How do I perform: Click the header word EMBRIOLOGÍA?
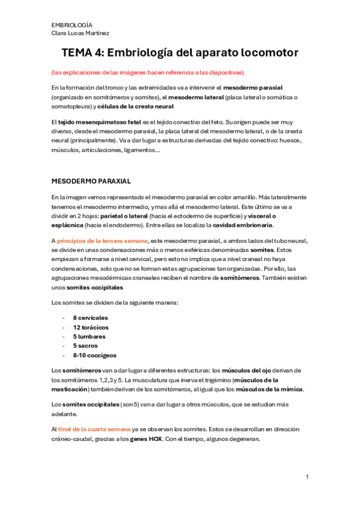(x=72, y=25)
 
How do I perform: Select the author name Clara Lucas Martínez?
(x=81, y=33)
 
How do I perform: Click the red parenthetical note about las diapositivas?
(x=148, y=72)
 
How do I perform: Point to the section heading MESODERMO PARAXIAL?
(x=91, y=181)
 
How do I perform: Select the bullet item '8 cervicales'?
(x=90, y=317)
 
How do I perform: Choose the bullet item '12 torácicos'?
(x=90, y=327)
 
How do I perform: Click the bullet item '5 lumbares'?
(x=88, y=336)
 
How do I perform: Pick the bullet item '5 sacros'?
(x=85, y=346)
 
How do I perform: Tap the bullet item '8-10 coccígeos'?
(x=94, y=355)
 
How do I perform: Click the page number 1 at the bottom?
(x=307, y=477)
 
